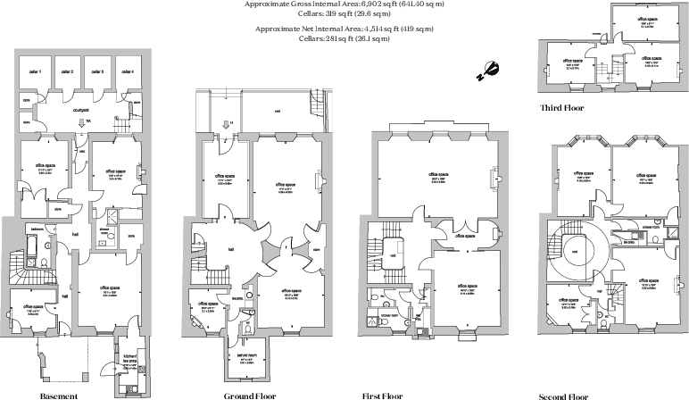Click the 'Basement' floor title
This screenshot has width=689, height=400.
click(x=59, y=395)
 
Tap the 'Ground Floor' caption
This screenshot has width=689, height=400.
click(x=247, y=395)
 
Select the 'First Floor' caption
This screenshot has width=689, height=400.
click(x=384, y=395)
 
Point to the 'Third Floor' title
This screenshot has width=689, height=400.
click(x=561, y=107)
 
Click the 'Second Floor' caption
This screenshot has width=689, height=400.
click(x=565, y=395)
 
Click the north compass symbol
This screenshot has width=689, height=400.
click(x=489, y=70)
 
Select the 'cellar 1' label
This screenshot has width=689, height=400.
click(x=35, y=71)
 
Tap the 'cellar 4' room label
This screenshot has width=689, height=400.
click(x=127, y=71)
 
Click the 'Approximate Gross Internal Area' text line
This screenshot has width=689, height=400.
click(x=344, y=4)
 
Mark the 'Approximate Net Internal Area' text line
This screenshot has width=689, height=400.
click(x=344, y=29)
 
